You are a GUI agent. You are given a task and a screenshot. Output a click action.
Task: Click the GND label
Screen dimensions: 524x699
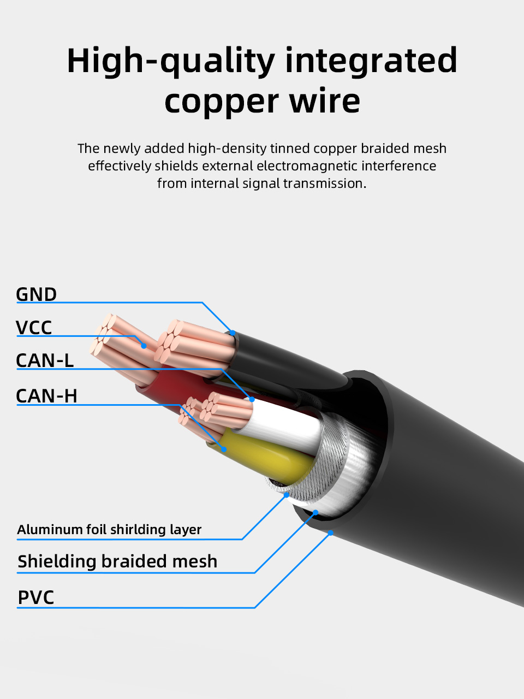click(x=36, y=294)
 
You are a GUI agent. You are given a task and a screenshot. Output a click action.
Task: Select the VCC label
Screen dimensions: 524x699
click(x=34, y=327)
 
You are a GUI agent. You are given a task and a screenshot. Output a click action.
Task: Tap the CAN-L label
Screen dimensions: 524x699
click(x=45, y=360)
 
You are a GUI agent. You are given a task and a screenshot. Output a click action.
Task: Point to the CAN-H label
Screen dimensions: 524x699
click(x=46, y=396)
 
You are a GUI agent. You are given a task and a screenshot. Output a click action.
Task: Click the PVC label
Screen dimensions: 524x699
click(x=35, y=597)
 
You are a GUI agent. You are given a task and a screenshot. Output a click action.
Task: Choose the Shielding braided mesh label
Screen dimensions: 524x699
click(x=117, y=561)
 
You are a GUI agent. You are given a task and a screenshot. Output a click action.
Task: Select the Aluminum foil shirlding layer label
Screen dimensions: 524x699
click(x=109, y=530)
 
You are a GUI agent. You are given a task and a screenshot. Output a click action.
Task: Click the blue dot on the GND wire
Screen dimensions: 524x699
click(x=233, y=333)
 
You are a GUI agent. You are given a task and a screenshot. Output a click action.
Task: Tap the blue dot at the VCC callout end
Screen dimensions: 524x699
click(x=144, y=346)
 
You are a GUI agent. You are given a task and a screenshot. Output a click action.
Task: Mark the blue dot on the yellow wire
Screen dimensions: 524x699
click(x=224, y=449)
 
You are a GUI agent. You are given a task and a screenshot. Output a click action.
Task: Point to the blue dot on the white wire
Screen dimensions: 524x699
click(x=252, y=399)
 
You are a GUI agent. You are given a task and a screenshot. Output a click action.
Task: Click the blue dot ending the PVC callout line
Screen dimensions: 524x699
click(x=331, y=533)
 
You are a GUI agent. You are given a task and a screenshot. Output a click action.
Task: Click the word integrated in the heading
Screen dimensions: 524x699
click(x=371, y=61)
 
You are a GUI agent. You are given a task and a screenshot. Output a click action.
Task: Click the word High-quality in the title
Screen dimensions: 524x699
click(x=171, y=61)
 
